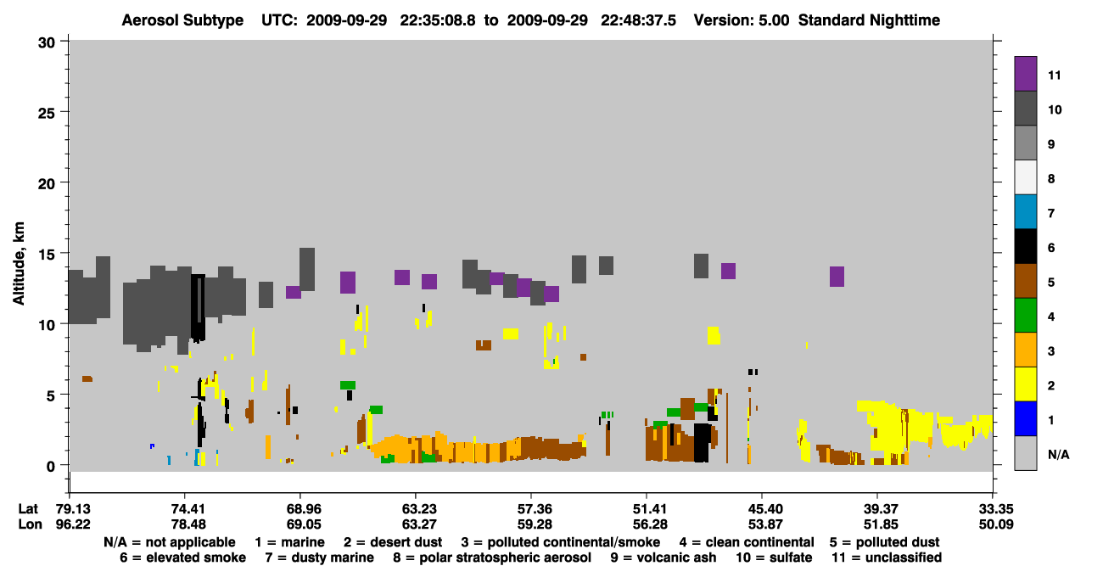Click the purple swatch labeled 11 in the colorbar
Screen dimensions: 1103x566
point(1025,73)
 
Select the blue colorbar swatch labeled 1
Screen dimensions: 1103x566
point(1025,418)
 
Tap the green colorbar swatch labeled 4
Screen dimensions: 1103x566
point(1025,316)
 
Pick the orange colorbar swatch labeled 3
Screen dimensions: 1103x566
point(1025,350)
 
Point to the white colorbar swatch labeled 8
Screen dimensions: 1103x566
point(1025,177)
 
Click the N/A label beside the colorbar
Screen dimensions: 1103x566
point(1058,454)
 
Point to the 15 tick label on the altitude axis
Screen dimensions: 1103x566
point(47,255)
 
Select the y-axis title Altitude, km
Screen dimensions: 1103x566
point(18,264)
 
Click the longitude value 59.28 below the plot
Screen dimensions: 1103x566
point(535,524)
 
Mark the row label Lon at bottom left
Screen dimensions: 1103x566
point(30,524)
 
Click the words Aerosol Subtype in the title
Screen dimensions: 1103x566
point(182,20)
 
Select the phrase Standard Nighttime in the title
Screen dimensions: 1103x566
point(869,20)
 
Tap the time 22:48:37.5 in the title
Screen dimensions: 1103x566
point(638,20)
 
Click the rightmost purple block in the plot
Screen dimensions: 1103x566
point(837,277)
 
